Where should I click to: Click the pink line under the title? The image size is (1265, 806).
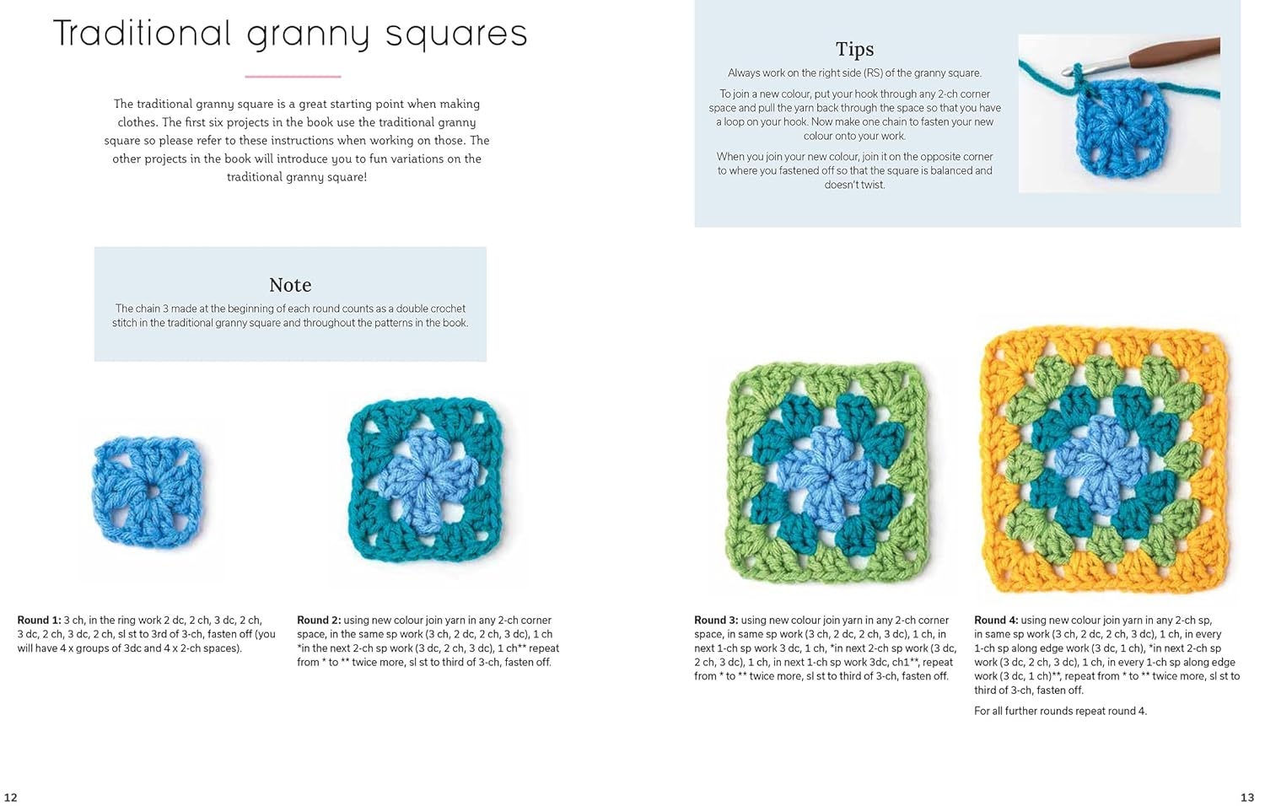[293, 77]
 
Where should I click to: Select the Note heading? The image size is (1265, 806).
[290, 285]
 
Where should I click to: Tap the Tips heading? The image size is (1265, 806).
[854, 49]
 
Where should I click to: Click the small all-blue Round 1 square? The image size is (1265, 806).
[148, 492]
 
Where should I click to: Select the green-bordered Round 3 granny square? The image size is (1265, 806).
[827, 473]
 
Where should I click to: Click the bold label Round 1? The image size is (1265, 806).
[39, 621]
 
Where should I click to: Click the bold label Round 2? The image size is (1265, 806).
[319, 621]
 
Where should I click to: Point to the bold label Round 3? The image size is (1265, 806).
[716, 621]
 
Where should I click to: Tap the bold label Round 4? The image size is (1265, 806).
[996, 621]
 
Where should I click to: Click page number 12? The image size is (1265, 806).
[11, 797]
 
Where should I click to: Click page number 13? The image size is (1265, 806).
[1247, 797]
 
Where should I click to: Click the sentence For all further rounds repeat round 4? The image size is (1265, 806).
[1060, 712]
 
